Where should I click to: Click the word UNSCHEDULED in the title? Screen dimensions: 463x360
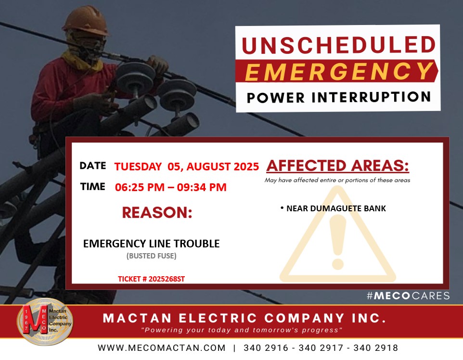pos(339,45)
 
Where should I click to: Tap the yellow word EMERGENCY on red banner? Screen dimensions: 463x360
pos(339,71)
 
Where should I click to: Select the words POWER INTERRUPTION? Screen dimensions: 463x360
pos(339,97)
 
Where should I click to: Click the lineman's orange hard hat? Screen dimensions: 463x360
pos(86,21)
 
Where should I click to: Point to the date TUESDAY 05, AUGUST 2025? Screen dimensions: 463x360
pos(187,167)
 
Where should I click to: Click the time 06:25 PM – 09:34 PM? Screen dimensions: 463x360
pos(171,187)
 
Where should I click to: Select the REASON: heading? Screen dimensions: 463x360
pos(157,212)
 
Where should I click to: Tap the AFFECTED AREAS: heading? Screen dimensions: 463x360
pos(338,166)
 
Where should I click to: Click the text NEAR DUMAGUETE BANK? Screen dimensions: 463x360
pos(336,208)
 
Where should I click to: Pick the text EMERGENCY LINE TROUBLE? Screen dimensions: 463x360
pos(152,244)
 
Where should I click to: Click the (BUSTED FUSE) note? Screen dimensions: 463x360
pos(152,256)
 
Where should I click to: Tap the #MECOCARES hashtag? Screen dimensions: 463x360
pos(408,296)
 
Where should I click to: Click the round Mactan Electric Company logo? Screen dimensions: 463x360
pos(45,322)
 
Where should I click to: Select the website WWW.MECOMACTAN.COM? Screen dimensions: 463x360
pos(162,348)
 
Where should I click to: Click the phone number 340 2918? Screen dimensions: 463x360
pos(376,348)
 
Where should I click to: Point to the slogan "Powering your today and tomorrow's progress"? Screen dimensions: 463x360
pos(242,330)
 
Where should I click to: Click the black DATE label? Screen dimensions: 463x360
pos(93,166)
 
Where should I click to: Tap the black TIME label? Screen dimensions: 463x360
pos(93,187)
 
